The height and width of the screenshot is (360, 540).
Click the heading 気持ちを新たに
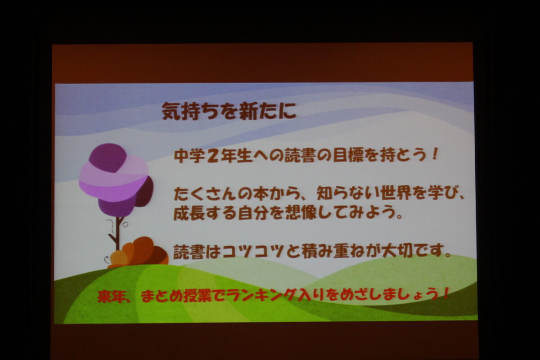click(229, 111)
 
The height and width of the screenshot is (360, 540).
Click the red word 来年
click(112, 296)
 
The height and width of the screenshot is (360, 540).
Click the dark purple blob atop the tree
click(108, 158)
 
